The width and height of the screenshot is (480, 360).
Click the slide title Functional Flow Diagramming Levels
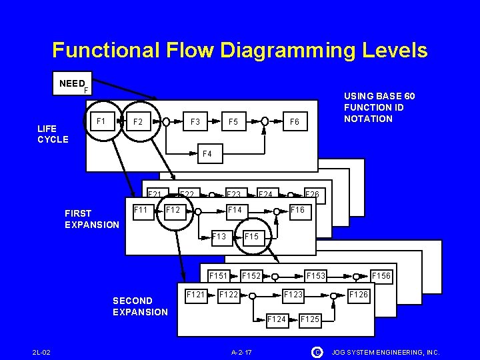[x=240, y=50]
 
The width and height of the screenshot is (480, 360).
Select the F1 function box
[x=101, y=121]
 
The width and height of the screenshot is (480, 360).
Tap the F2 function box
[x=138, y=122]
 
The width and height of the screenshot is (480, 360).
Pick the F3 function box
[x=195, y=122]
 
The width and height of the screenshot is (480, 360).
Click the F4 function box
[x=207, y=154]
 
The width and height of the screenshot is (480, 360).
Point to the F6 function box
[x=293, y=122]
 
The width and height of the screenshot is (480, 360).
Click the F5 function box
[x=233, y=122]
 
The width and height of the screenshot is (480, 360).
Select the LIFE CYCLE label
[x=53, y=133]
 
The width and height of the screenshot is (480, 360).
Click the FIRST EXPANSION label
[x=91, y=219]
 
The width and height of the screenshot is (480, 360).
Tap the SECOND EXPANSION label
[x=140, y=306]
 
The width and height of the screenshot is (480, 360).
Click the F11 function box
[x=141, y=209]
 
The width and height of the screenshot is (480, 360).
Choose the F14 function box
[x=235, y=210]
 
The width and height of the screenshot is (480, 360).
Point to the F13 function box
[x=219, y=236]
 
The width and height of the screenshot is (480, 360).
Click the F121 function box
[x=195, y=294]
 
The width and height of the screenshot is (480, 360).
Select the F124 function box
[x=277, y=319]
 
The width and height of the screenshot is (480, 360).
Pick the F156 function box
[x=381, y=275]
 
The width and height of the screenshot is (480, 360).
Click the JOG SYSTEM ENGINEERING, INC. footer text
[x=385, y=351]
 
